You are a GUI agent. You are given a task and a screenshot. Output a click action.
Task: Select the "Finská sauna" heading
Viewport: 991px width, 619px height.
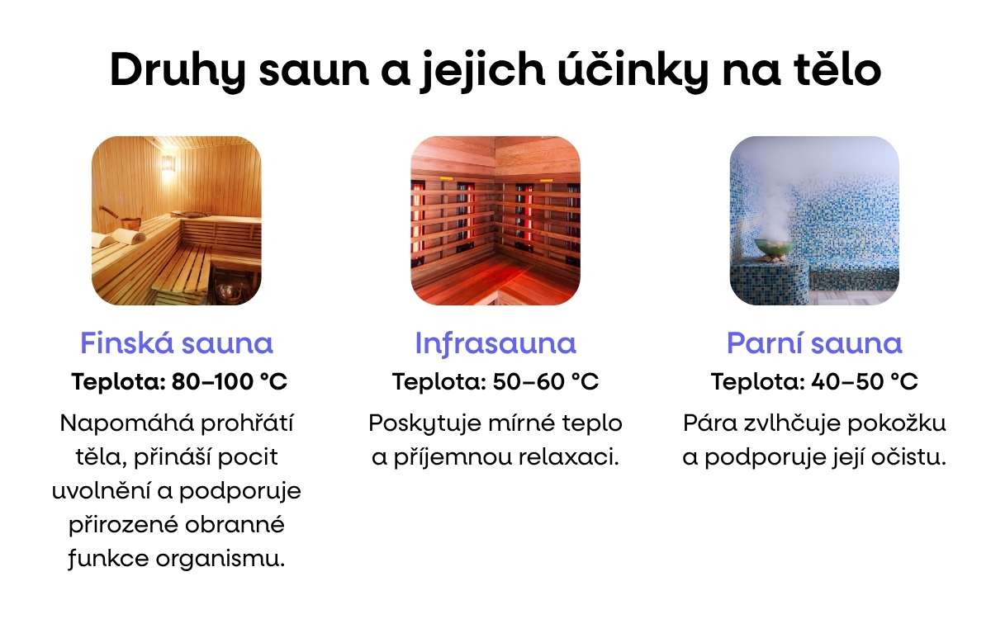(177, 343)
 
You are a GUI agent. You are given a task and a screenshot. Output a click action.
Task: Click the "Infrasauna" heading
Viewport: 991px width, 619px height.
(495, 343)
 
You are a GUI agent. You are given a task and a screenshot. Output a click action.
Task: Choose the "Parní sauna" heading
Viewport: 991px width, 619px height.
(814, 343)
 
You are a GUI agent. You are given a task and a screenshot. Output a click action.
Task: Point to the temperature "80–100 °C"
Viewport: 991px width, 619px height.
(230, 382)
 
